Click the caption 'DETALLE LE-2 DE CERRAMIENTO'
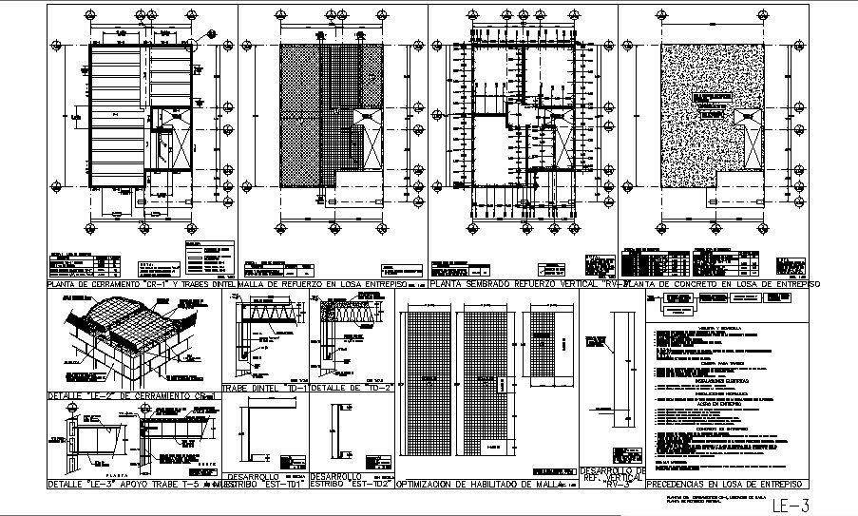(x=133, y=394)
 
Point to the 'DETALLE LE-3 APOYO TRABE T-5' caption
(x=133, y=485)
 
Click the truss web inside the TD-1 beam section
(x=276, y=313)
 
